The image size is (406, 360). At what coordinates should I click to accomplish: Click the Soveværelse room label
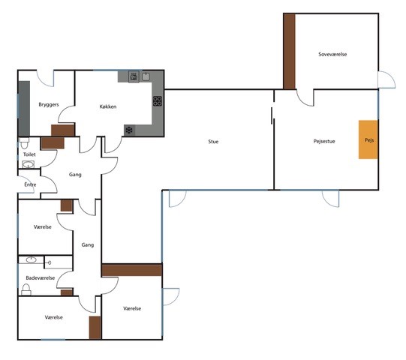[x=332, y=54]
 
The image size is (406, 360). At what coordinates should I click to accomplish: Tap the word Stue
[x=213, y=142]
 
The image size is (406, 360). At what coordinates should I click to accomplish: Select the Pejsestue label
[x=324, y=141]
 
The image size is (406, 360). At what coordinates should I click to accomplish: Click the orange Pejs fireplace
[x=368, y=139]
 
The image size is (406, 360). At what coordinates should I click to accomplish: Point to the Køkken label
[x=108, y=106]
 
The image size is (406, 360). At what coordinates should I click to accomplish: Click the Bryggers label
[x=49, y=104]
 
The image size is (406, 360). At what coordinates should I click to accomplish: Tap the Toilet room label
[x=29, y=154]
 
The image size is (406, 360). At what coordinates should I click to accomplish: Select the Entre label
[x=30, y=184]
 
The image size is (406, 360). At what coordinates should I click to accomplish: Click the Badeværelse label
[x=41, y=278]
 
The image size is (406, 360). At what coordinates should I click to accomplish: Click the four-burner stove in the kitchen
[x=157, y=101]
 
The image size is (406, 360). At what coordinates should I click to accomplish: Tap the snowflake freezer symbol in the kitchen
[x=129, y=130]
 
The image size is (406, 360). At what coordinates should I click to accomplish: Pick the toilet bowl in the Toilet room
[x=24, y=143]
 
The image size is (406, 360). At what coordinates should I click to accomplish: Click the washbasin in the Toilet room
[x=28, y=164]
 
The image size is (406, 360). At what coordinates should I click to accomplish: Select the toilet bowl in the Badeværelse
[x=26, y=289]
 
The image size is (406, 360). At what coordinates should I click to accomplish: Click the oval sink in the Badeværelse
[x=32, y=259]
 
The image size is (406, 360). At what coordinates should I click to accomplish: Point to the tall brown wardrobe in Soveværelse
[x=290, y=52]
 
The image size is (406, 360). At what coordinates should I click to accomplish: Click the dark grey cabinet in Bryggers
[x=24, y=109]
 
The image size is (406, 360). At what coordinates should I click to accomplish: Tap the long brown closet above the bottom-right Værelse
[x=132, y=270]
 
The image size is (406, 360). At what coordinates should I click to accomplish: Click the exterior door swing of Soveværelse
[x=386, y=79]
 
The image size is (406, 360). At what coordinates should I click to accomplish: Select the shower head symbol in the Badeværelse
[x=49, y=262]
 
